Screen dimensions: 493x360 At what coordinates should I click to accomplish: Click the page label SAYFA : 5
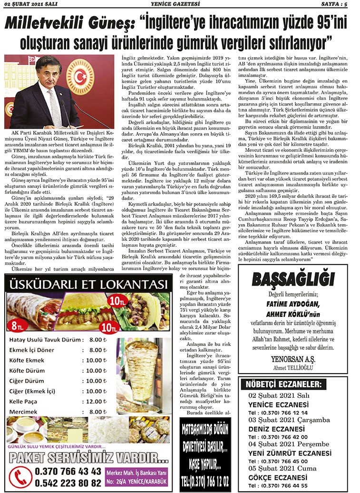tap(341, 4)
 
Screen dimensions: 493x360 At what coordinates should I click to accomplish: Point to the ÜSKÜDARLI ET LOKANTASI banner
tap(87, 285)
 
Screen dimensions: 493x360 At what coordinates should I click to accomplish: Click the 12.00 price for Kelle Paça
tap(94, 401)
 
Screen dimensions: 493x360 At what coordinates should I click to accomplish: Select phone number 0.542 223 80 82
tap(68, 483)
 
